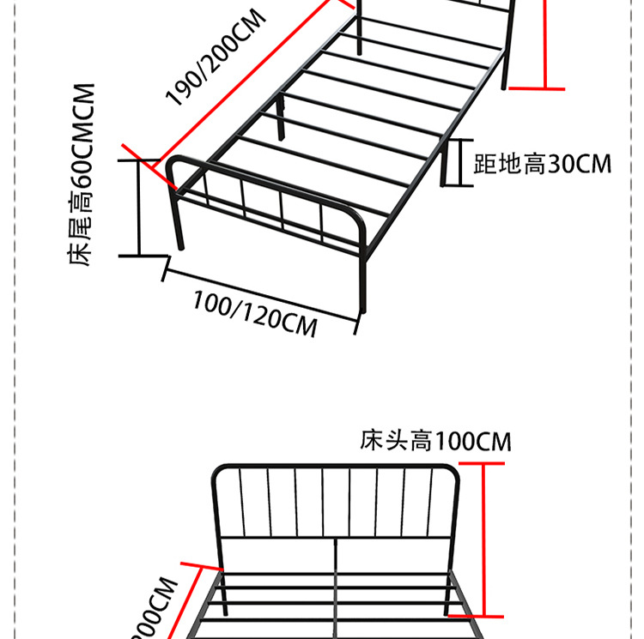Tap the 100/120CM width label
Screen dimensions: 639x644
pyautogui.click(x=254, y=313)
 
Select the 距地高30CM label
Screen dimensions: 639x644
pyautogui.click(x=543, y=163)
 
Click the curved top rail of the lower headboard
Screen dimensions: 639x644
pyautogui.click(x=335, y=466)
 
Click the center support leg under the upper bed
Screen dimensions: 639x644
pyautogui.click(x=281, y=120)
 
